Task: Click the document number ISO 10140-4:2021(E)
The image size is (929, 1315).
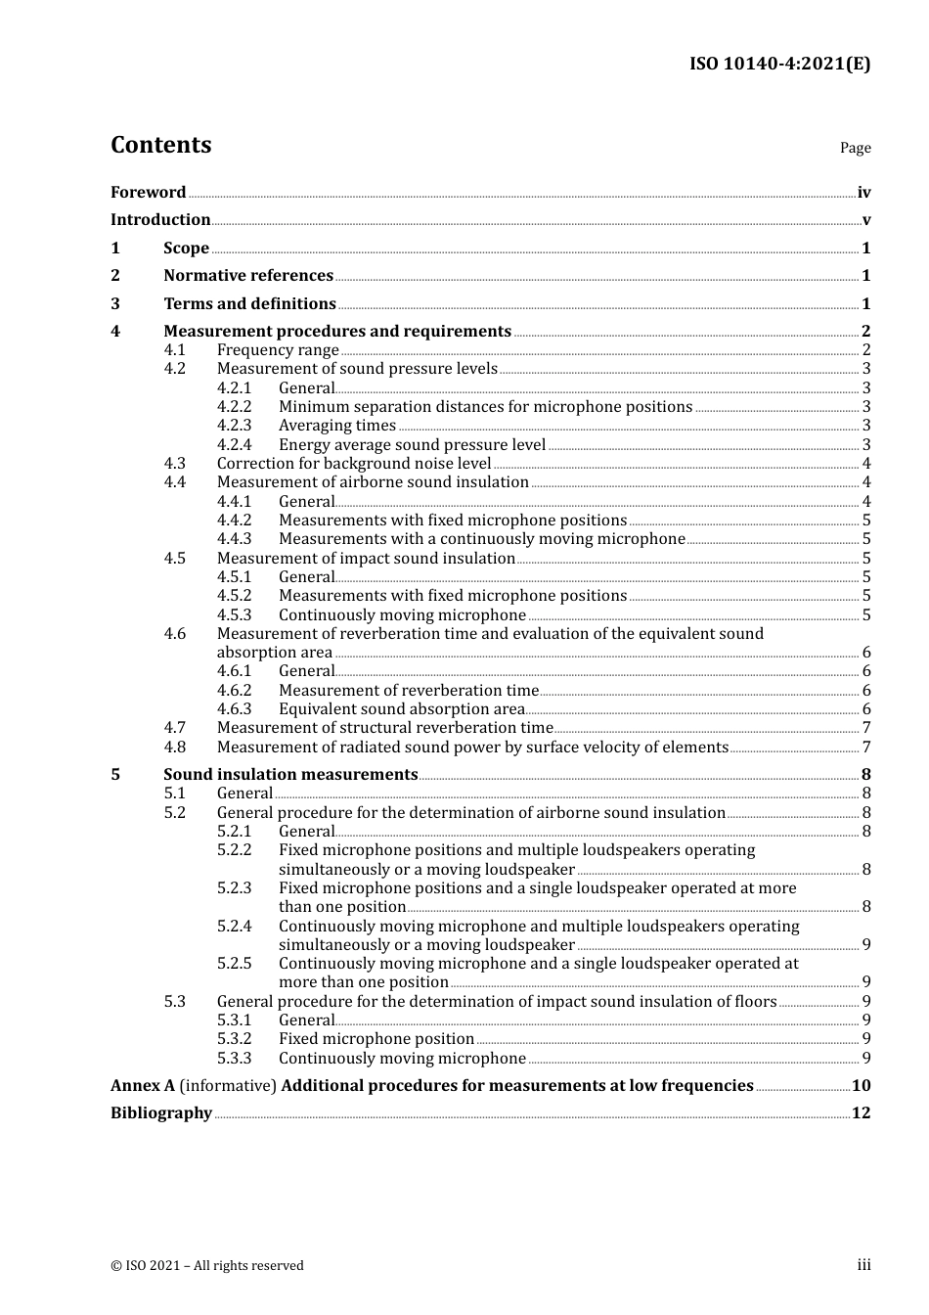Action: point(779,65)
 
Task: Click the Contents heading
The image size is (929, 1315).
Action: point(160,145)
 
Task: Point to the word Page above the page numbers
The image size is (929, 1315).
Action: point(855,148)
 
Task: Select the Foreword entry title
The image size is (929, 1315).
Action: point(148,193)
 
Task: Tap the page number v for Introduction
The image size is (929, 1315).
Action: point(865,220)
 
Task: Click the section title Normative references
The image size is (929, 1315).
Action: point(248,276)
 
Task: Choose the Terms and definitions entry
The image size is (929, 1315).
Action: point(249,304)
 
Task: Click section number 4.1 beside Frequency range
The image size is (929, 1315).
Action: point(175,350)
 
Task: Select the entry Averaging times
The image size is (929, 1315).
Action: point(337,426)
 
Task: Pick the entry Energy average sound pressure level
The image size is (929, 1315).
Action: point(412,445)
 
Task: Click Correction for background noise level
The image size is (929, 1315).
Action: point(354,464)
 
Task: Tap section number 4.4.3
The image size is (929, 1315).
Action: point(234,539)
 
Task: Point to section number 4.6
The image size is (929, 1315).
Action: point(175,634)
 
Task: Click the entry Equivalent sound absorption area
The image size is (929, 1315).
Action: point(402,709)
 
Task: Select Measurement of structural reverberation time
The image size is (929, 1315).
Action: point(384,728)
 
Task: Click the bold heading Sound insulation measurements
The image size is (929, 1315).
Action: point(290,775)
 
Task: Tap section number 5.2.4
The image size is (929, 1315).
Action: point(234,927)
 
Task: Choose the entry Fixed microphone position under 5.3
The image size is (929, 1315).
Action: point(376,1039)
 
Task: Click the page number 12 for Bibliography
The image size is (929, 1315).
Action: point(861,1113)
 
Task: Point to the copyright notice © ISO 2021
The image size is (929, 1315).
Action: point(207,1266)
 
